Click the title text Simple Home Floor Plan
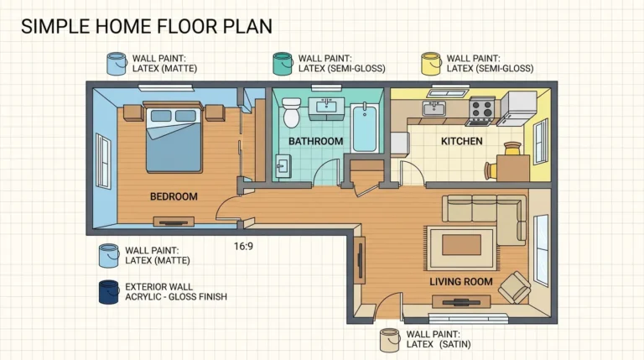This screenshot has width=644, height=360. (147, 25)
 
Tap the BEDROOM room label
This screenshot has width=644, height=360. (174, 196)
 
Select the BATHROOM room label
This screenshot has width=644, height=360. (315, 141)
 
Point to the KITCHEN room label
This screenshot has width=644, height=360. (461, 141)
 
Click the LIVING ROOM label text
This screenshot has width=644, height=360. (460, 281)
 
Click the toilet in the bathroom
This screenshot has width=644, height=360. (291, 112)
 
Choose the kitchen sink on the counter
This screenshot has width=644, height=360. (434, 108)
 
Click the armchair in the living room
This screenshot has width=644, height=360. (514, 289)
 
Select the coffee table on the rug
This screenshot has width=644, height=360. (462, 244)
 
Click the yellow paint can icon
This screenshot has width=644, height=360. (431, 63)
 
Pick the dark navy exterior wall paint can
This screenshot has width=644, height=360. (109, 291)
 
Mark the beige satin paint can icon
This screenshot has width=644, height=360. (389, 340)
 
